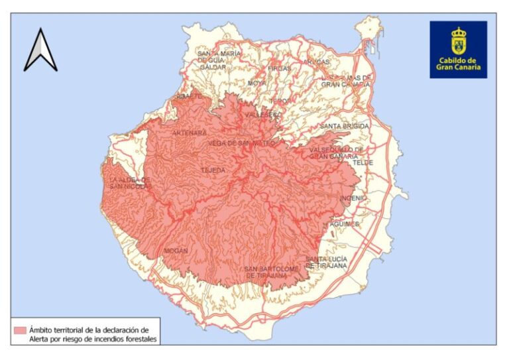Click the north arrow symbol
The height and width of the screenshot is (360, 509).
[40, 50]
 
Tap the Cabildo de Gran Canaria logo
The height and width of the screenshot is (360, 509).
[458, 49]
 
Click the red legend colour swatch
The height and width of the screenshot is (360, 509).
[21, 330]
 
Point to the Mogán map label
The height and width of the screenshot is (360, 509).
[177, 251]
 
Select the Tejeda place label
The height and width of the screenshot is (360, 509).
[213, 170]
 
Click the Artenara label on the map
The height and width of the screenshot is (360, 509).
[190, 133]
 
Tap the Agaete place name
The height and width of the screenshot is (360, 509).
[188, 96]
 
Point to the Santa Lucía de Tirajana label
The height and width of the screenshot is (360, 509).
[326, 262]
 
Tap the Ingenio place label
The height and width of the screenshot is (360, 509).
[353, 198]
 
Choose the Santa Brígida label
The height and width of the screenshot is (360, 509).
[345, 126]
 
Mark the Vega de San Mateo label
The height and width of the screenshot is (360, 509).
[241, 143]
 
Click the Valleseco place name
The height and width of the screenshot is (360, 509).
[263, 115]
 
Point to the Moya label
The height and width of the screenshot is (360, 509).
[256, 83]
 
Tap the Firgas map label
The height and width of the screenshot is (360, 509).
[280, 68]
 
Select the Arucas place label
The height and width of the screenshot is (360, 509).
[316, 62]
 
